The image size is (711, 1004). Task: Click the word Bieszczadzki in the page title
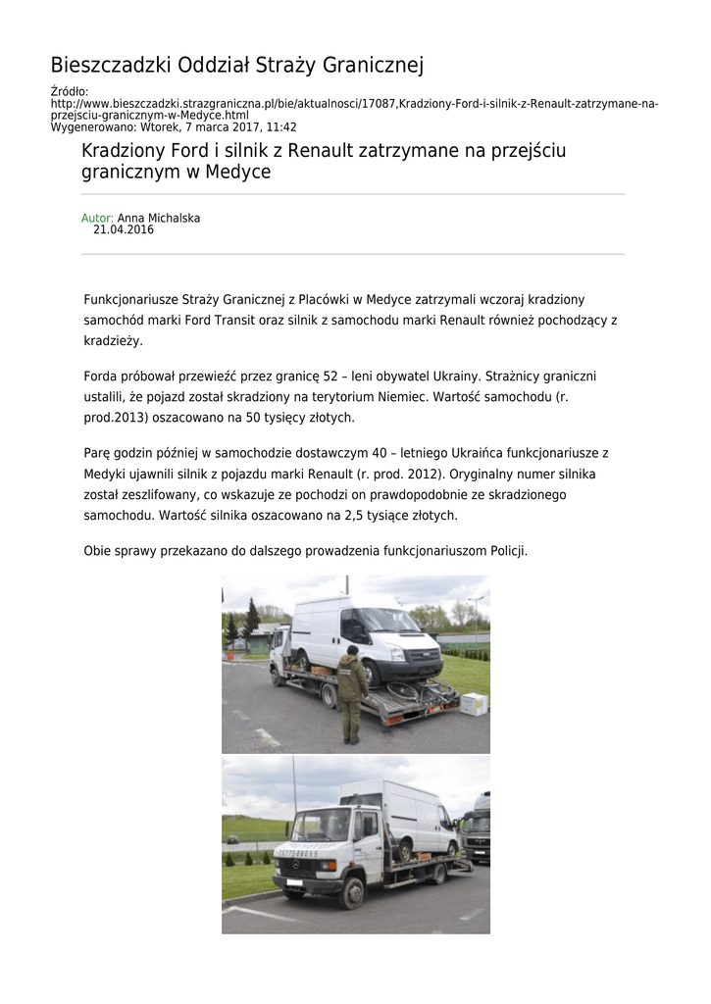pos(110,66)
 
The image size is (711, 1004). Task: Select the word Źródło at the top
pos(69,92)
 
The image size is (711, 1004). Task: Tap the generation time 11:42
pos(282,127)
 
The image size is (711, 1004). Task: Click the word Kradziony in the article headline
pos(127,151)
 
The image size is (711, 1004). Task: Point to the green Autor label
pos(97,218)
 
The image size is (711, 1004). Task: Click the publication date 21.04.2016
pos(124,230)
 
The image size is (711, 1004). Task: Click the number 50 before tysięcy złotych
pos(251,418)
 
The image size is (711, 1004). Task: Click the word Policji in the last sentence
pos(506,551)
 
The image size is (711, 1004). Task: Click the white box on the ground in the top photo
pos(475,703)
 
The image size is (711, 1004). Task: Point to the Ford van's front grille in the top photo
pos(421,655)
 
